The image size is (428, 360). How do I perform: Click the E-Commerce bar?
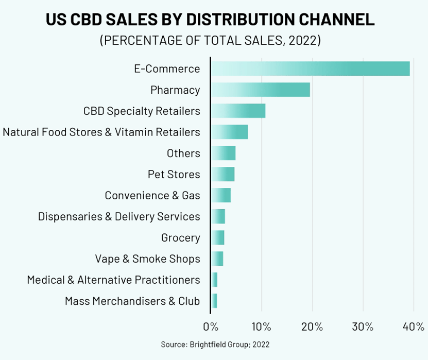(310, 68)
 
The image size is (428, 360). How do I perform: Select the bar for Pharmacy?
(260, 90)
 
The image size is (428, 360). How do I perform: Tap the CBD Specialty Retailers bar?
(238, 111)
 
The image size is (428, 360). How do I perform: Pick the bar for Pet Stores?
(222, 174)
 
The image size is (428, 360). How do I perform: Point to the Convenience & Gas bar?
(220, 195)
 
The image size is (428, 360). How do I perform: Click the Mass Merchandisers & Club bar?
(214, 301)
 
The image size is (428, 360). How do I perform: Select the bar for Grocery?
(217, 237)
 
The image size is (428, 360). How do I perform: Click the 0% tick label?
(211, 327)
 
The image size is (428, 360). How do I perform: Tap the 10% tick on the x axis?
(261, 327)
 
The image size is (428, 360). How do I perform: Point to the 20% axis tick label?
(312, 327)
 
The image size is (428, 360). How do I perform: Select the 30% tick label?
(363, 327)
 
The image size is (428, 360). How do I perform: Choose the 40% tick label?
(414, 327)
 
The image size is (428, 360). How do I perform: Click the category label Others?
(183, 153)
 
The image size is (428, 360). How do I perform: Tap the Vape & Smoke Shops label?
(147, 259)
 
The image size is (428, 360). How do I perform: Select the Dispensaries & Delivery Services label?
(119, 216)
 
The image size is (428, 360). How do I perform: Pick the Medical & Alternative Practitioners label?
(113, 280)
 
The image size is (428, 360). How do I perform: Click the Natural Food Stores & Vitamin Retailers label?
(101, 132)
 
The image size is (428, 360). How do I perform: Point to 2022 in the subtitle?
(303, 41)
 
